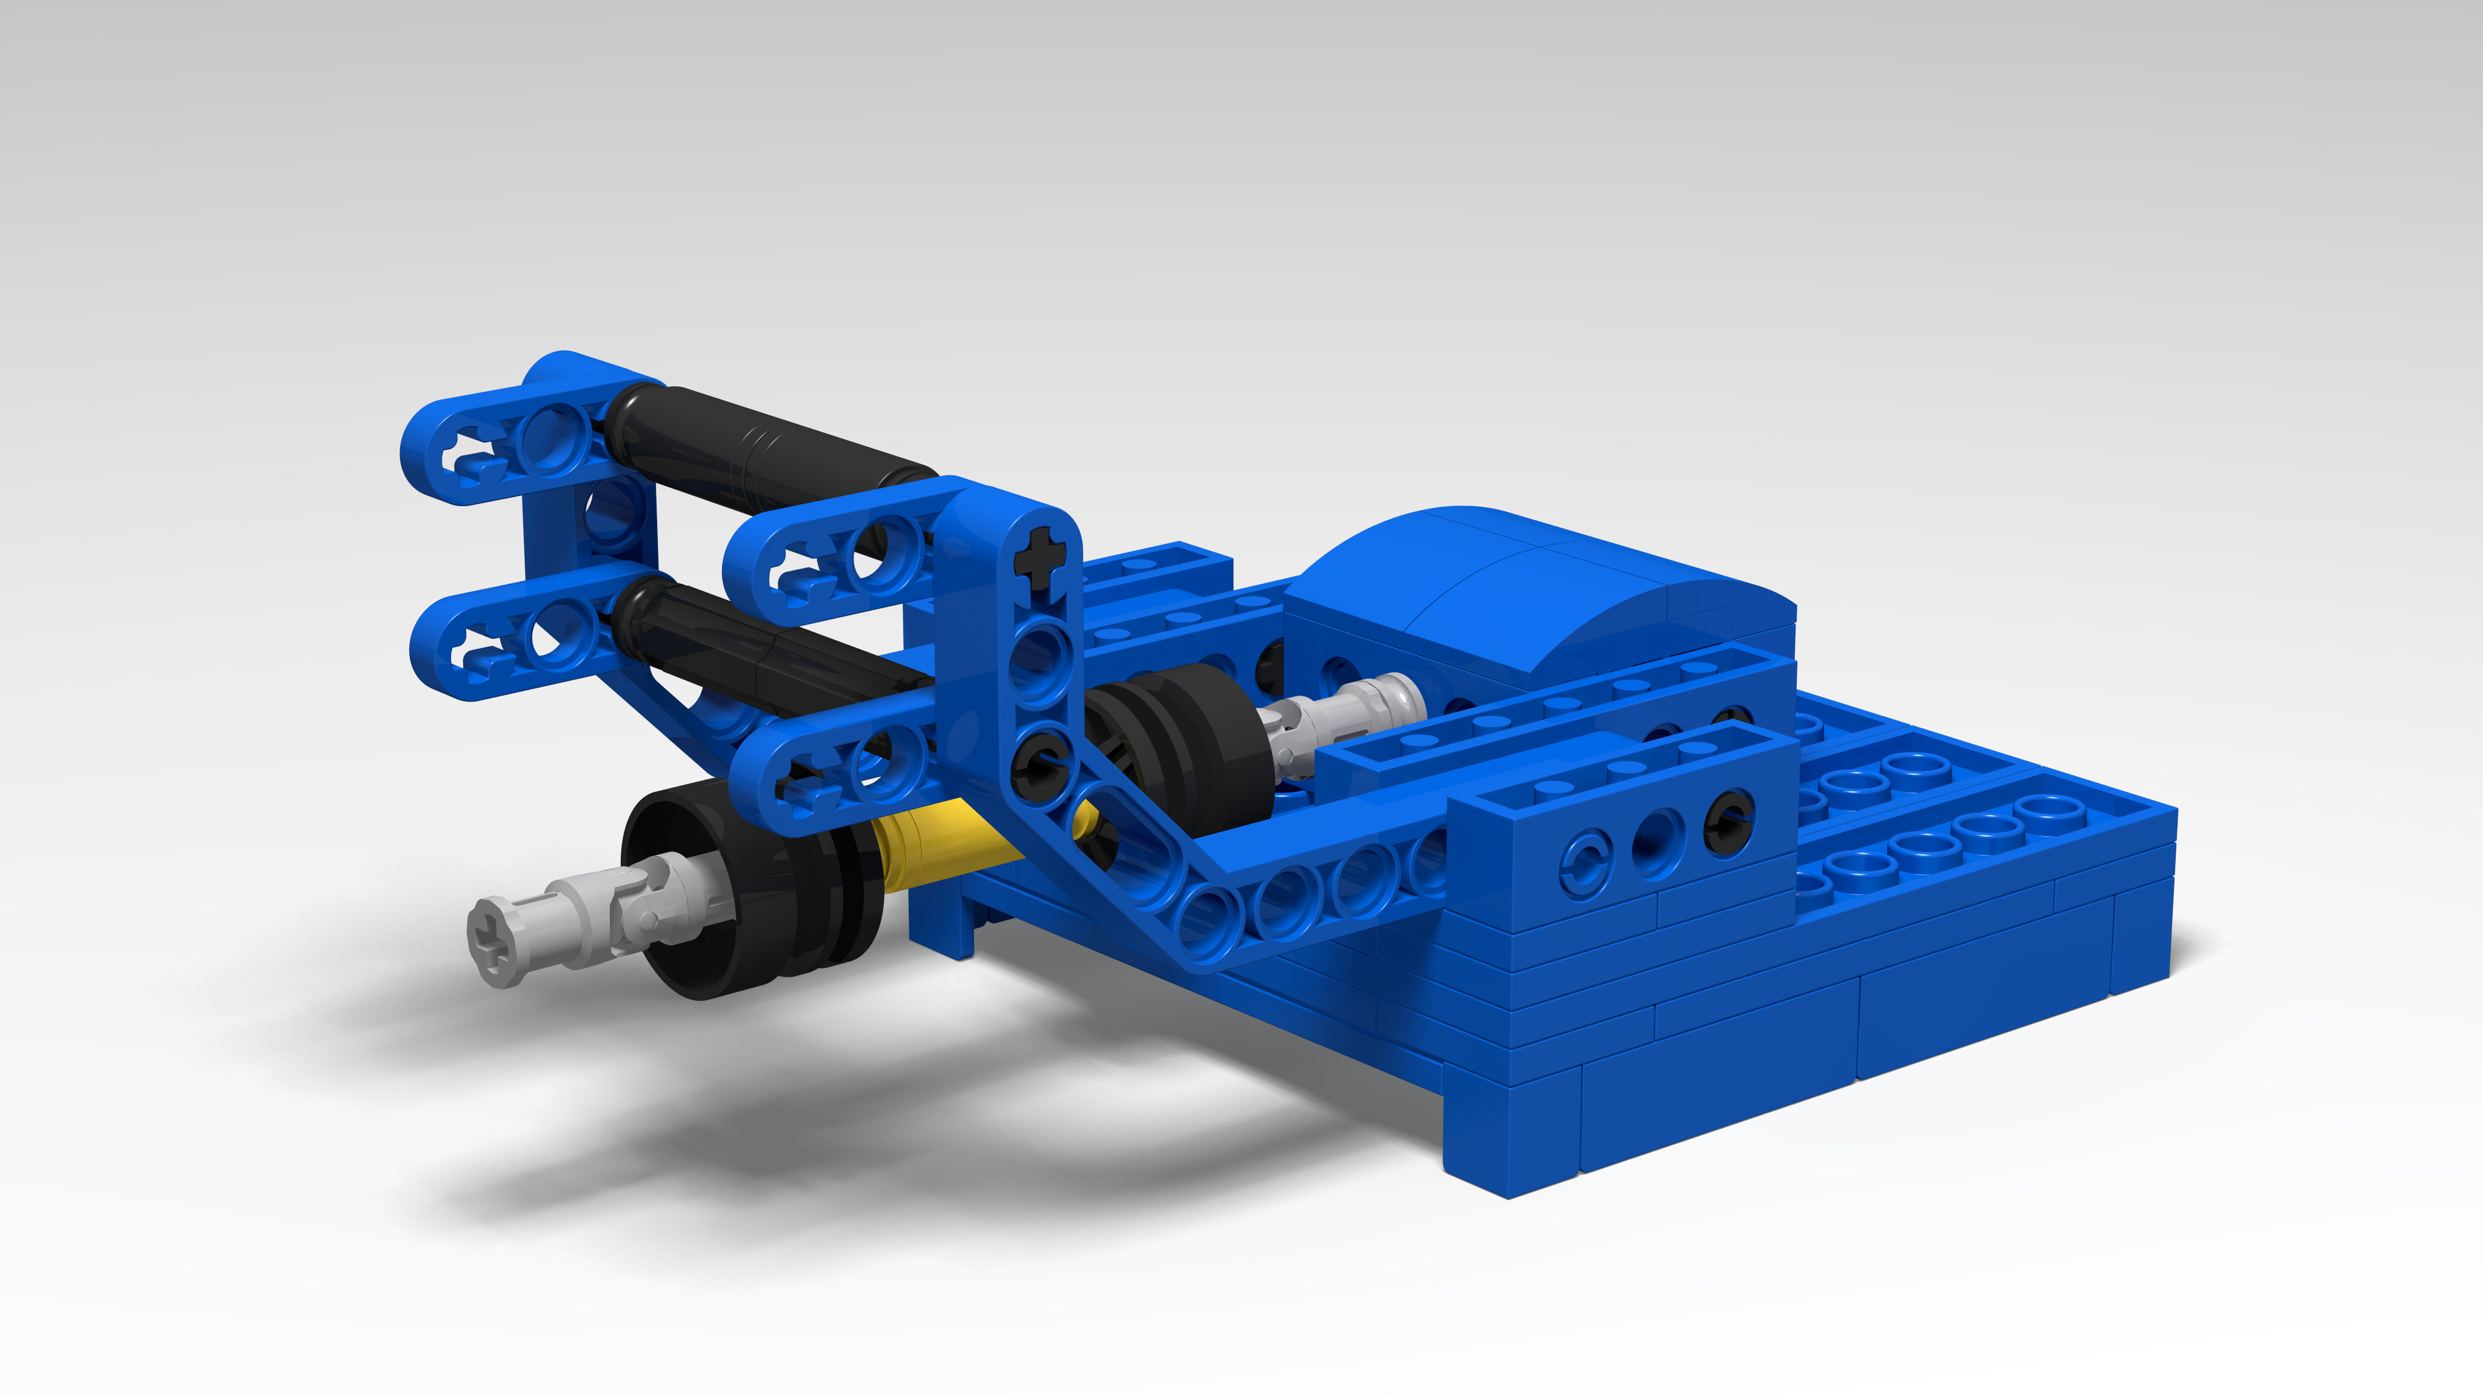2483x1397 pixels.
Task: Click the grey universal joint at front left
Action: click(598, 916)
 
